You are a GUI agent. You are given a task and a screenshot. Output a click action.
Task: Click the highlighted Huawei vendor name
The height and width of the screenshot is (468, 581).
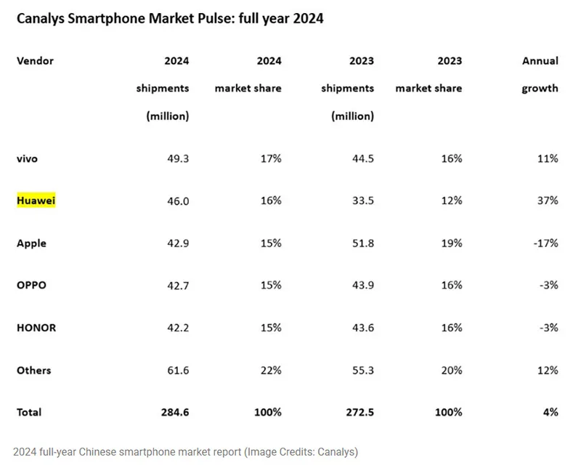click(x=36, y=201)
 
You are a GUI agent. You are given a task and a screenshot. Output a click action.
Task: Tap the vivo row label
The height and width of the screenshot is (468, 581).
click(x=28, y=158)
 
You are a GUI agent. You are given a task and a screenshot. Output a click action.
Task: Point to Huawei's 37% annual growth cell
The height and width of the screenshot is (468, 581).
click(x=546, y=201)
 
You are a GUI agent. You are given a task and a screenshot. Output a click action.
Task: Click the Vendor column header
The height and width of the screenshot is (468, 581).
click(x=35, y=61)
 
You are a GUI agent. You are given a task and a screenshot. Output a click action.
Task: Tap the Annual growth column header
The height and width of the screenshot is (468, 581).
click(x=540, y=74)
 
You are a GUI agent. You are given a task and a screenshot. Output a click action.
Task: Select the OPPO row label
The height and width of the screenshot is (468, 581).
click(x=31, y=286)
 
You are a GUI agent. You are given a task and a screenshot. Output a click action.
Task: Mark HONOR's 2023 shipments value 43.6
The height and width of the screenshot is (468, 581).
click(x=361, y=328)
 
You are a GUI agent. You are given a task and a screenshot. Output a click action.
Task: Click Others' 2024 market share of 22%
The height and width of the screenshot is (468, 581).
click(x=270, y=370)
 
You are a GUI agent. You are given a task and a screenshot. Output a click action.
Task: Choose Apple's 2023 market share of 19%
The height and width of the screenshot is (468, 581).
click(x=450, y=243)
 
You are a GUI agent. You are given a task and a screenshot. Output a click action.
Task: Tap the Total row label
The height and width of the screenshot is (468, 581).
click(x=29, y=412)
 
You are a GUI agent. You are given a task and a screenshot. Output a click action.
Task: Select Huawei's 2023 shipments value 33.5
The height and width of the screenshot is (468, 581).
click(x=361, y=201)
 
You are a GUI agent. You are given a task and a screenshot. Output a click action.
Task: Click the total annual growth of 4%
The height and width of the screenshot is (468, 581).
click(x=550, y=412)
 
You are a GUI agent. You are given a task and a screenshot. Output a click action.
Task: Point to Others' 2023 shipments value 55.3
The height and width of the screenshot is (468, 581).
click(x=361, y=370)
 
